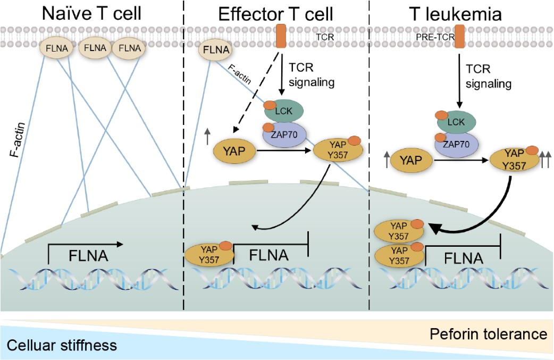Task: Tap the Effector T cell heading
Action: [x=275, y=13]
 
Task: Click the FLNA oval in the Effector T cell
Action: [x=216, y=52]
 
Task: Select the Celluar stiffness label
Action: [x=62, y=346]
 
